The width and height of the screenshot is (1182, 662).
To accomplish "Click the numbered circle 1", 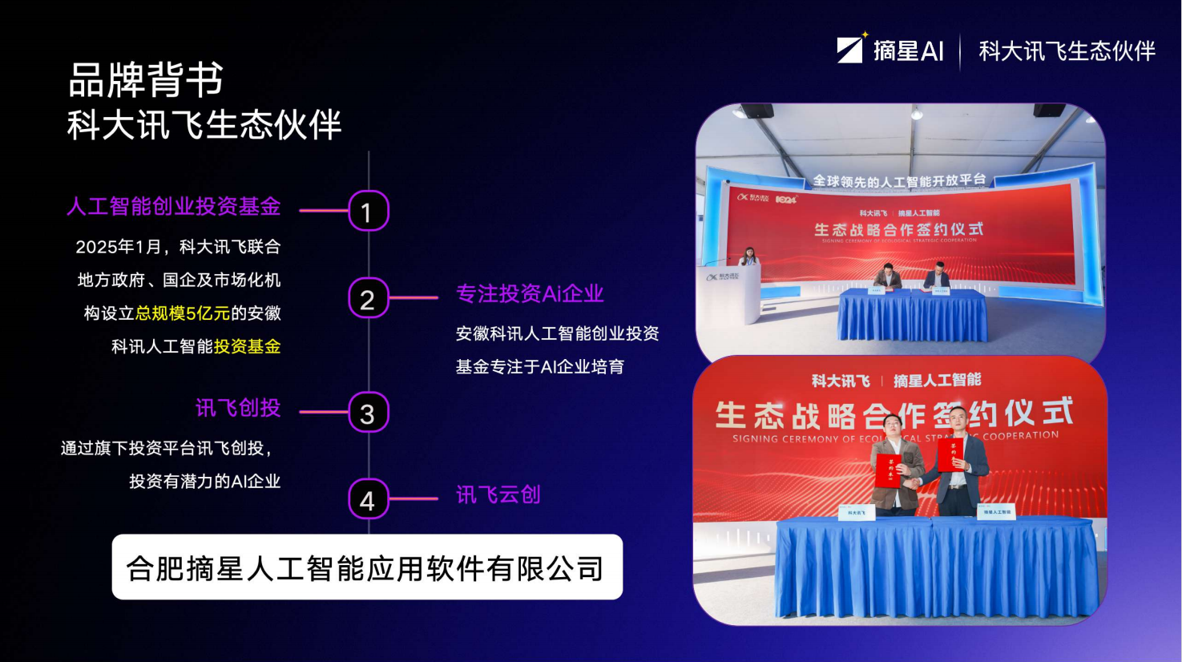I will click(x=368, y=211).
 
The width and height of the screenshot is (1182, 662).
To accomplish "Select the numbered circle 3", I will click(x=368, y=413).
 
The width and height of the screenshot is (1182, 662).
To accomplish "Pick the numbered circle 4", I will click(x=368, y=499).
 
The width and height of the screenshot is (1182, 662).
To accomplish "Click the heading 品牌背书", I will click(x=146, y=79).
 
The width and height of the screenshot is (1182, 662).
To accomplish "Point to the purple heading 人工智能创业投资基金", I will click(x=173, y=207).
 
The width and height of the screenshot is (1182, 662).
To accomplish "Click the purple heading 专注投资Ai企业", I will click(x=529, y=294).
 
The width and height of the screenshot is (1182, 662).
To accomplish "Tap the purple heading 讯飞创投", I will click(x=238, y=408).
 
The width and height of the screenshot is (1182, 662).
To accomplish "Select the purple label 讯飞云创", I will click(x=498, y=494).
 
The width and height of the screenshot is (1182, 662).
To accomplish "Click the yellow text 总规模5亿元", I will click(x=183, y=313).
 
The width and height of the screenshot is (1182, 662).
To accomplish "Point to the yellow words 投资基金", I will click(x=247, y=346).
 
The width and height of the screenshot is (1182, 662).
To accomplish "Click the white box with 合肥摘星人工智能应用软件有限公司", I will click(x=367, y=567).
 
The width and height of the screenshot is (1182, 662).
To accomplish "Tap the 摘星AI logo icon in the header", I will click(x=851, y=49).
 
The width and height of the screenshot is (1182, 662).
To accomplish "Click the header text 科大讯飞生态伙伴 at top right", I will click(x=1067, y=51).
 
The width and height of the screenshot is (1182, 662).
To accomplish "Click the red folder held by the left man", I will click(x=887, y=471).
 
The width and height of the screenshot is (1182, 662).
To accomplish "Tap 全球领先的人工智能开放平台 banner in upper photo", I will click(x=898, y=181).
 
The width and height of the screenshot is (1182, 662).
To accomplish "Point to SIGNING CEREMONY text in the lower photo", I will click(x=793, y=438).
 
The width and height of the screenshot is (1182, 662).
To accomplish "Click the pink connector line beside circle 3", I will click(x=324, y=412).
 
